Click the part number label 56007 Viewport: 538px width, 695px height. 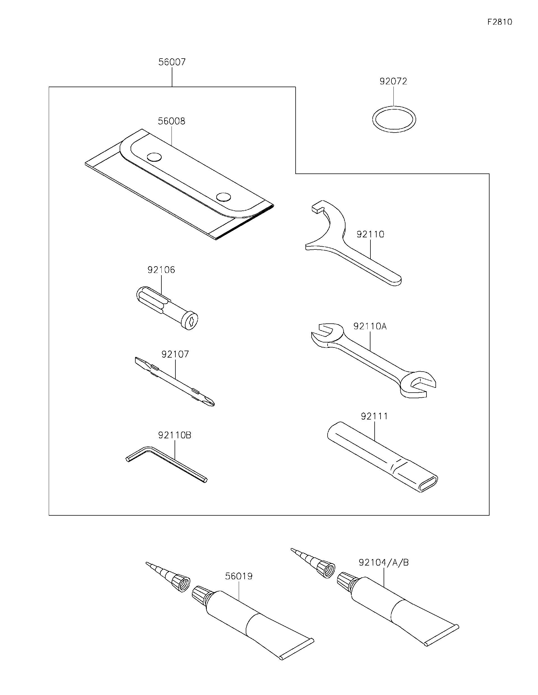coord(172,62)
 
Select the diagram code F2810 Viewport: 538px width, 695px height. coord(500,22)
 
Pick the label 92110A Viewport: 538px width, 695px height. coord(370,326)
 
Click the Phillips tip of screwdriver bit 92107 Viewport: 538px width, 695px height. coord(208,401)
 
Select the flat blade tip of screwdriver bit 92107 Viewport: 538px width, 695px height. coord(139,361)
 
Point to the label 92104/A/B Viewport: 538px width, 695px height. coord(383,562)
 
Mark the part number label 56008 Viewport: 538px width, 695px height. coord(171,121)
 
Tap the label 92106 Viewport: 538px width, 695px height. coord(161,270)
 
